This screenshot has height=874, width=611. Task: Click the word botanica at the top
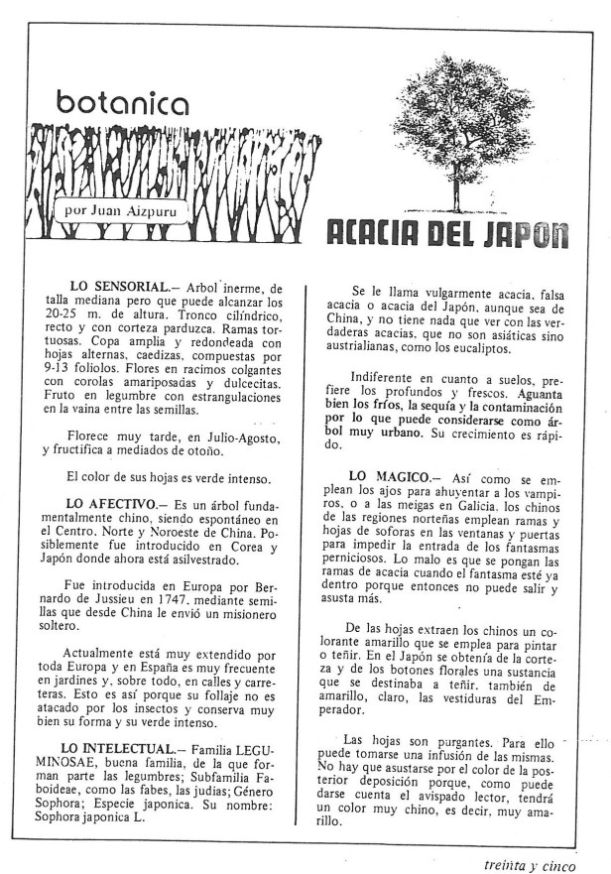[x=122, y=102]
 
